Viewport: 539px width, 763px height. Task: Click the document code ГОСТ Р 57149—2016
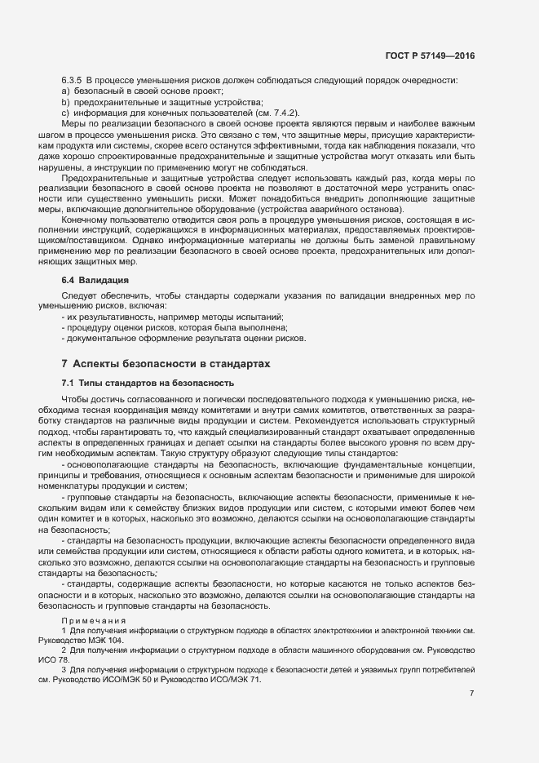[x=429, y=55]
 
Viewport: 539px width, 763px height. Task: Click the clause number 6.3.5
[x=73, y=80]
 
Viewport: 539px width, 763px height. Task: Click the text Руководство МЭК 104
[x=74, y=641]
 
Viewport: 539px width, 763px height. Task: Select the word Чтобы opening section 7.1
[x=77, y=399]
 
